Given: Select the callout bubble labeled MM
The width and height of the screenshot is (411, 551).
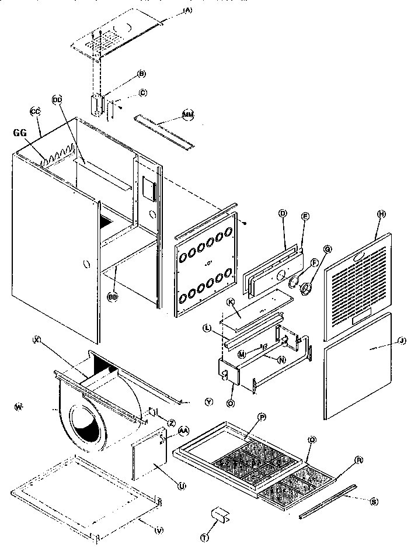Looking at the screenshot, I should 188,116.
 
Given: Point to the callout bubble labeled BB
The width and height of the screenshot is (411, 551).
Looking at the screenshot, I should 113,296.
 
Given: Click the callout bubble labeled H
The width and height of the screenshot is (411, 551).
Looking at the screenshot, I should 382,214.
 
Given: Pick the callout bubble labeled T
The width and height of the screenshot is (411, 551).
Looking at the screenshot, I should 204,538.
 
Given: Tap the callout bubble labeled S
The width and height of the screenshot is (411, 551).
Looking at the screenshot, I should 374,500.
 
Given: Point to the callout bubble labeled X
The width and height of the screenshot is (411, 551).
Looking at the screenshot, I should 36,339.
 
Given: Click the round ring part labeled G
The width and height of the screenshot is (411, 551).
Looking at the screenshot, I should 305,287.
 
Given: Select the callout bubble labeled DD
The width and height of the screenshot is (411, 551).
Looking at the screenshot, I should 57,99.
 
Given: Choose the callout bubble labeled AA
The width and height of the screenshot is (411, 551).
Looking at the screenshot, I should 183,430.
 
